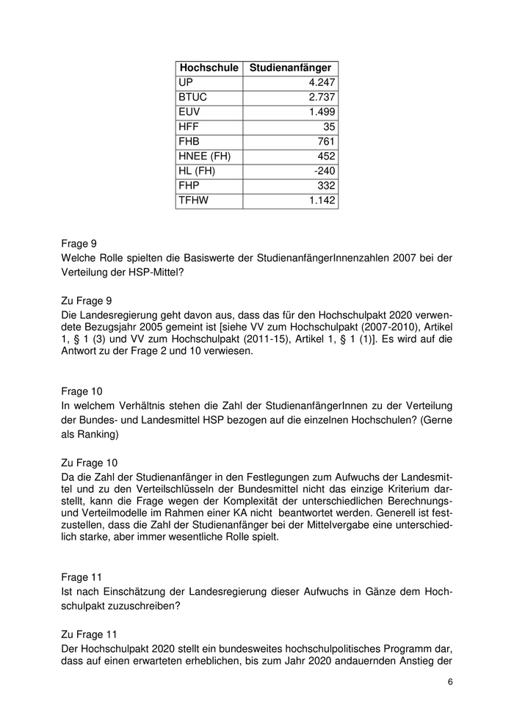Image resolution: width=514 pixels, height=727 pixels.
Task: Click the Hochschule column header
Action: tap(209, 68)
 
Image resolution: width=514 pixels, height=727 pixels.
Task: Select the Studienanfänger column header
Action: tap(290, 68)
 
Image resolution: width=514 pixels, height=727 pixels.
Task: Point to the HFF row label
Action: tap(187, 126)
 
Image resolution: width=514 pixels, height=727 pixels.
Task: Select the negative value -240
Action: tap(324, 170)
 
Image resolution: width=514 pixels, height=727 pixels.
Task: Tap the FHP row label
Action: tap(188, 185)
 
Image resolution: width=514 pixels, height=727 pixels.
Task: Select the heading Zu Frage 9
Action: tap(85, 299)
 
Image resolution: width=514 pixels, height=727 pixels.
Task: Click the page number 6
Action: tap(449, 681)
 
